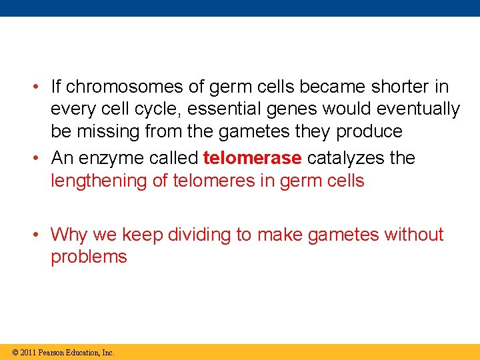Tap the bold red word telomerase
click(252, 158)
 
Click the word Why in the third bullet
click(69, 235)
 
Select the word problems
click(89, 257)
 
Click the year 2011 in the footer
click(28, 352)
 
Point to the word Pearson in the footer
click(51, 352)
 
